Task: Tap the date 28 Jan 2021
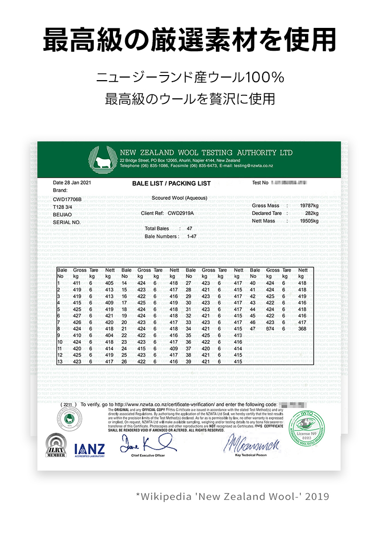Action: [x=72, y=183]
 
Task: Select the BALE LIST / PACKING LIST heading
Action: [x=171, y=184]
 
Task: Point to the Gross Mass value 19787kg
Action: [x=309, y=206]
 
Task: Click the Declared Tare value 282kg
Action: [x=312, y=213]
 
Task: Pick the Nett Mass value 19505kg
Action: [x=309, y=221]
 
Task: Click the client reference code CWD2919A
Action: [x=180, y=213]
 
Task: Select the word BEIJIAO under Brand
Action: [x=63, y=215]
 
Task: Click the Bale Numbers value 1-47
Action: [x=192, y=236]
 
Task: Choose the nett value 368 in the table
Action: [x=302, y=329]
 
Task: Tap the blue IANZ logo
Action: [x=89, y=449]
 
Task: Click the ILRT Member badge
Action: [x=56, y=446]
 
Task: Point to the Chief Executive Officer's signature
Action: [x=147, y=445]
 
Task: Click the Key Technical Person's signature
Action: [x=251, y=444]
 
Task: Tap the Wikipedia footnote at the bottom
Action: [x=233, y=496]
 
